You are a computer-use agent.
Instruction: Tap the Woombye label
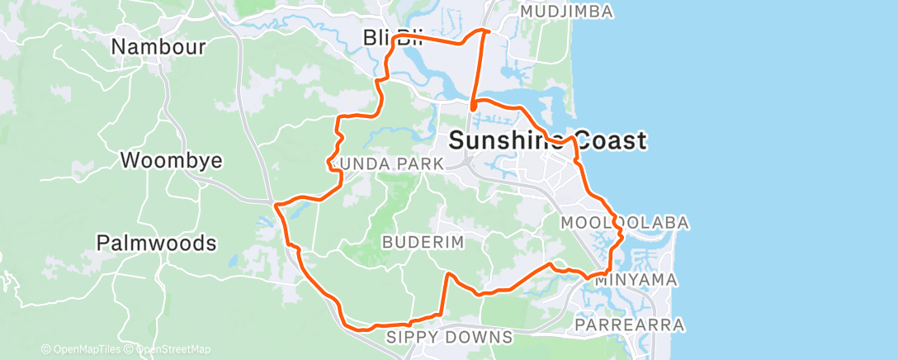[171, 159]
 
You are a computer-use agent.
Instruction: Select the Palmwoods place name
[156, 243]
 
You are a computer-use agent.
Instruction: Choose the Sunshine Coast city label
[546, 141]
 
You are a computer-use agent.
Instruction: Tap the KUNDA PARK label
[386, 164]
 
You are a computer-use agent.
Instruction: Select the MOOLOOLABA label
[624, 223]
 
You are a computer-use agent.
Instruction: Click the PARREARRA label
[630, 325]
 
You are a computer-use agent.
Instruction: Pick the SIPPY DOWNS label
[450, 337]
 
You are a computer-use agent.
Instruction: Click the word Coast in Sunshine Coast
[607, 141]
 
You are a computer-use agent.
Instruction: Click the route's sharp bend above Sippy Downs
[447, 273]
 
